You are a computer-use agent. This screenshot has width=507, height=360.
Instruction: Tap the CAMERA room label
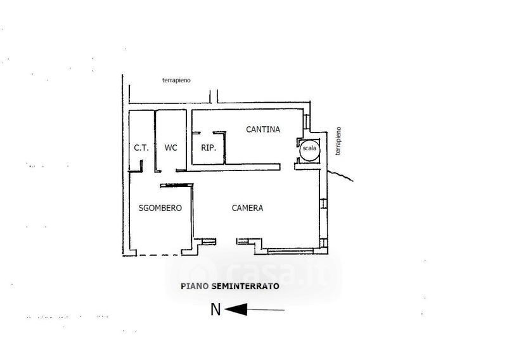(247, 208)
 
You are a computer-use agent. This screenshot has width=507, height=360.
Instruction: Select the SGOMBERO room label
(160, 208)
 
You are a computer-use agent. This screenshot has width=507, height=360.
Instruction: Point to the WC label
(170, 148)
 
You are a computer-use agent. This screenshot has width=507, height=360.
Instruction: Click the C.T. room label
(141, 148)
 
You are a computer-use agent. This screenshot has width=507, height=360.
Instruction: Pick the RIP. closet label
(209, 148)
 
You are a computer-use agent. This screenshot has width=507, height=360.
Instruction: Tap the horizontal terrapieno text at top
(176, 80)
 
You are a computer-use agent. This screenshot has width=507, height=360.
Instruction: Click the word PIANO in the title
(194, 286)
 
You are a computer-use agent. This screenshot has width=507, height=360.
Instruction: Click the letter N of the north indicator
(215, 309)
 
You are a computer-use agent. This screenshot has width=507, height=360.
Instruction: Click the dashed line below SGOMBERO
(158, 255)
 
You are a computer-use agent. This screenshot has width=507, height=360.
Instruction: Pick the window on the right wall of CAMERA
(323, 204)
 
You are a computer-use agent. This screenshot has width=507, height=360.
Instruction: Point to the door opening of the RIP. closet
(209, 133)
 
